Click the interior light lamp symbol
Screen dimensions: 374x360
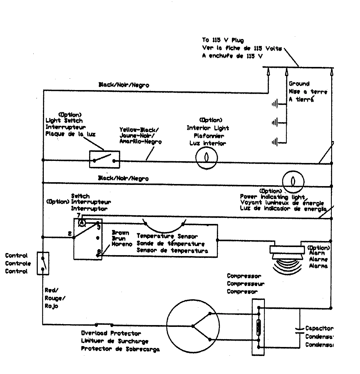pos(206,158)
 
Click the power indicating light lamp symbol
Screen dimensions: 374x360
pos(293,182)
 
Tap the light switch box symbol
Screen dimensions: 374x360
pos(104,159)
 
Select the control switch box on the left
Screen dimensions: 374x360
pos(43,263)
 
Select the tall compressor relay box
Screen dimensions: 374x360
pos(258,327)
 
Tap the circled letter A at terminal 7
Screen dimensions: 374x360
pos(82,223)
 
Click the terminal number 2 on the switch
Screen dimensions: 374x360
pos(70,234)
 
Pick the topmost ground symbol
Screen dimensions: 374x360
pos(275,104)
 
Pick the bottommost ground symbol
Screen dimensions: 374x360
pos(275,142)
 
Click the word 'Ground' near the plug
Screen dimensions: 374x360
pos(299,84)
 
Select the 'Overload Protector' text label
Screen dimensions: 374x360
pos(111,333)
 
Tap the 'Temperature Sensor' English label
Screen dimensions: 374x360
pos(167,236)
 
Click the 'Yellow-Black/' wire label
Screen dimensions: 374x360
pos(139,130)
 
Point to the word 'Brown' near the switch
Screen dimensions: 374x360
pos(120,233)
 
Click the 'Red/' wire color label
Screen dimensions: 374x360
pos(51,290)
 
